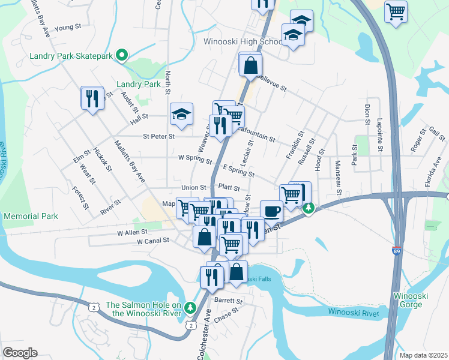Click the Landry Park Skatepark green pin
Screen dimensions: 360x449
[x=121, y=56]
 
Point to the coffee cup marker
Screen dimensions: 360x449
[x=271, y=211]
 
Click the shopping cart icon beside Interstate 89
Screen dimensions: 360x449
[x=396, y=11]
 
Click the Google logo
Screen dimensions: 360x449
[x=20, y=352]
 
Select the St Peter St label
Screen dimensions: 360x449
[x=158, y=136]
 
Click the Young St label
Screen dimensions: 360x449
[x=67, y=27]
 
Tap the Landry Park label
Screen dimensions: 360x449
[x=139, y=85]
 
